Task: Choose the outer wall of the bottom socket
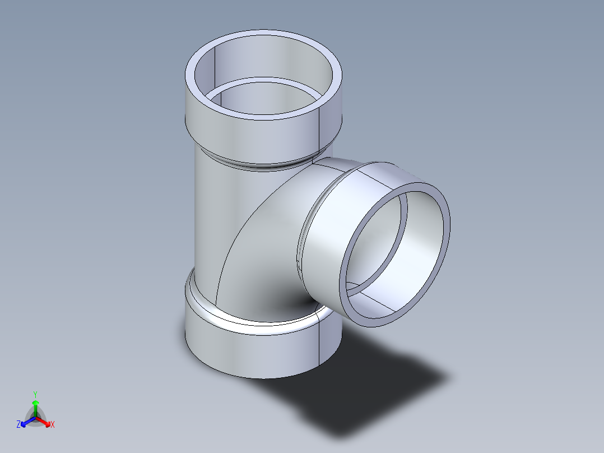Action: (252, 353)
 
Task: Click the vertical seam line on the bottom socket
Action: (320, 342)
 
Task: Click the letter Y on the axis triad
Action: (35, 394)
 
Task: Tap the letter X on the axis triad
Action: (53, 425)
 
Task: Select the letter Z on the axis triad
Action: (18, 425)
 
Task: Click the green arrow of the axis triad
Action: (35, 405)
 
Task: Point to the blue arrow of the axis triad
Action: (26, 421)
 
